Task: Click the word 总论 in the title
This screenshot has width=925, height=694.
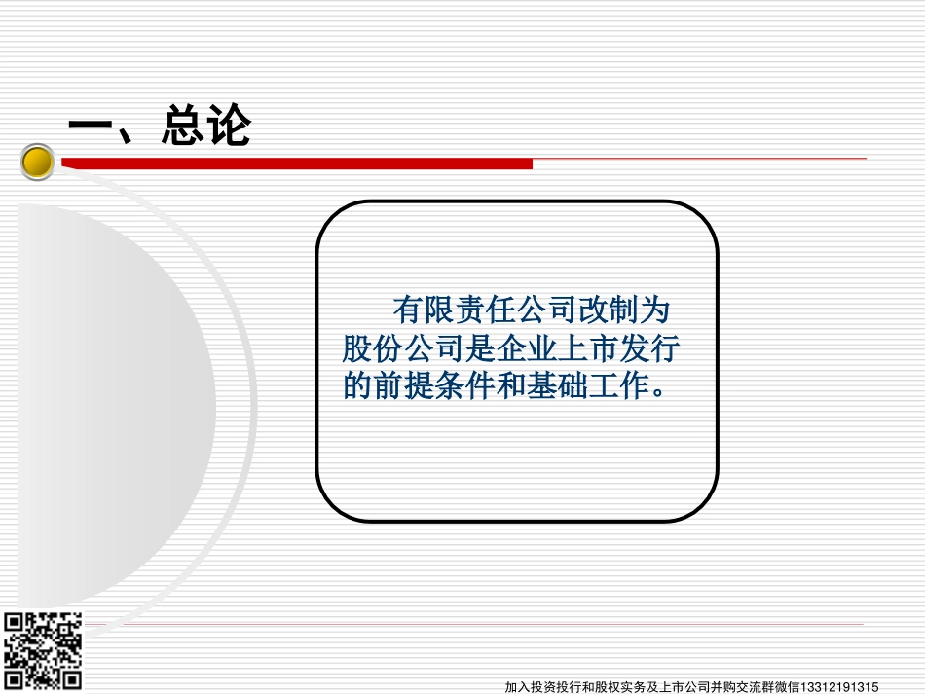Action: tap(206, 125)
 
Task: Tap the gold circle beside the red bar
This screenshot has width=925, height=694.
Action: tap(37, 162)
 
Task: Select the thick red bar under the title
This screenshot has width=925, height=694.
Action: tap(297, 164)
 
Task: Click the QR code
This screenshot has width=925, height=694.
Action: tap(43, 651)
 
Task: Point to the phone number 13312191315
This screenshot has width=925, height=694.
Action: tap(839, 687)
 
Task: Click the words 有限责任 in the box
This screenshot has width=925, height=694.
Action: tap(455, 310)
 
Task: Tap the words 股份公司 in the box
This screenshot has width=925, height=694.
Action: tap(403, 347)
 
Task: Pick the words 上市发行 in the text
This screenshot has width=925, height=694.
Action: tap(618, 347)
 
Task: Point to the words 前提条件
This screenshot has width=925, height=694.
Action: tap(434, 385)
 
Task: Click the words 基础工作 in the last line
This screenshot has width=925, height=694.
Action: tap(587, 385)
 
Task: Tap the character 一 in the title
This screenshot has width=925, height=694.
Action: tap(91, 125)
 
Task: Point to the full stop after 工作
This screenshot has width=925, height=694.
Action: tap(659, 393)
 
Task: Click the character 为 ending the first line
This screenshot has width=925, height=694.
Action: tap(654, 310)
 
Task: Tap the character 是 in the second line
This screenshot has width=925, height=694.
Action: tap(480, 347)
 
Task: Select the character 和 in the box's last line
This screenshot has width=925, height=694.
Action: tap(511, 385)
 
